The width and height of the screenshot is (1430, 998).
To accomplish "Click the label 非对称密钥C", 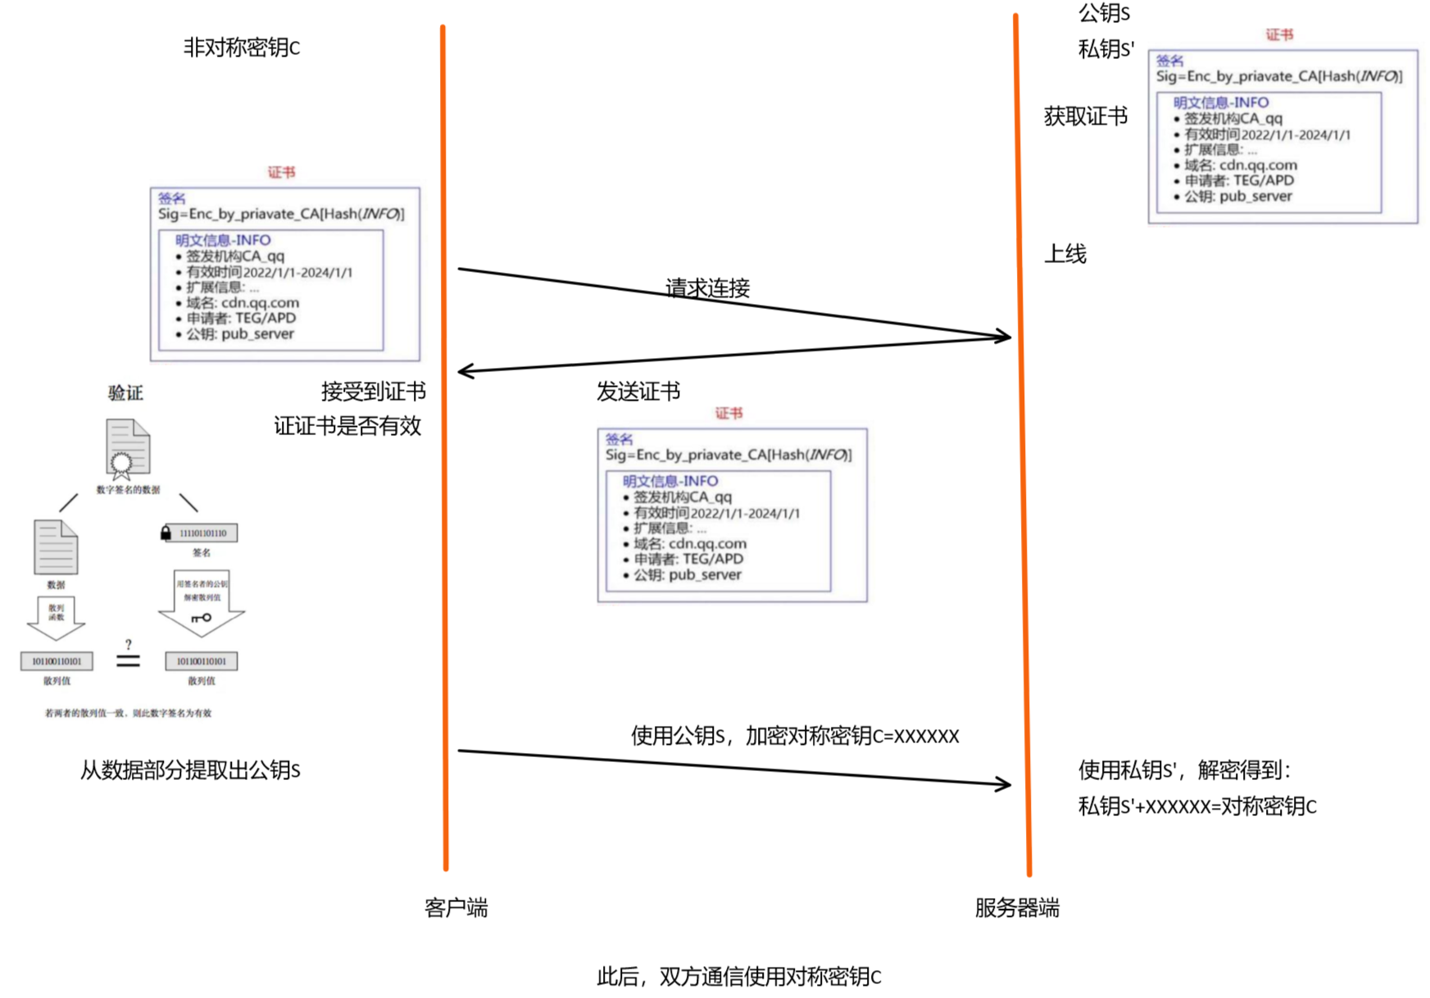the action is pyautogui.click(x=242, y=48).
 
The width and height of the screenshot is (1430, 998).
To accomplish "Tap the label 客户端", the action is pyautogui.click(x=456, y=908).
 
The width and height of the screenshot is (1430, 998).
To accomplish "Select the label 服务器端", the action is pyautogui.click(x=1016, y=908).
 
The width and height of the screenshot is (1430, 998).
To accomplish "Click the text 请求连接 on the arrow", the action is pyautogui.click(x=707, y=288).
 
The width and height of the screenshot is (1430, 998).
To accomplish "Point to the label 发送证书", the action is pyautogui.click(x=638, y=392).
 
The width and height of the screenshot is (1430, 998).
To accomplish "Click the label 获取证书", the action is pyautogui.click(x=1085, y=116).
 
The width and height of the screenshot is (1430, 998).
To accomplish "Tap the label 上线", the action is pyautogui.click(x=1065, y=254).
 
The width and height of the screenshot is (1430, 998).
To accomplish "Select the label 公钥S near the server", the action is pyautogui.click(x=1104, y=13).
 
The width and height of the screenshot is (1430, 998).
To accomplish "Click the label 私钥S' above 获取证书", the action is pyautogui.click(x=1105, y=49).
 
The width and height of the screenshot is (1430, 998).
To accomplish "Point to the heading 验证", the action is pyautogui.click(x=125, y=393).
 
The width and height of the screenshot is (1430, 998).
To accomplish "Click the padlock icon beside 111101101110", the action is pyautogui.click(x=166, y=533).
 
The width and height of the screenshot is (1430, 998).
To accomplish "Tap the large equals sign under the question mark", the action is pyautogui.click(x=128, y=660).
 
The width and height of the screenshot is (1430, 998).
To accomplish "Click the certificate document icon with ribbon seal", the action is pyautogui.click(x=127, y=448).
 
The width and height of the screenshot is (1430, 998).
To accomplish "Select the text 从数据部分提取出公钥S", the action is pyautogui.click(x=190, y=770).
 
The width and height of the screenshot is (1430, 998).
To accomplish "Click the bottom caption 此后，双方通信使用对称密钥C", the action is pyautogui.click(x=738, y=977).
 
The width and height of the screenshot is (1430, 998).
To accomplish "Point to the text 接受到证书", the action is pyautogui.click(x=373, y=392).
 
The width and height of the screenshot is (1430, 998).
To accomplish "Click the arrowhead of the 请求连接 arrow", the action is pyautogui.click(x=1005, y=336).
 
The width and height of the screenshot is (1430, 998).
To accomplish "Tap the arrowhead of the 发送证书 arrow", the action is pyautogui.click(x=465, y=372).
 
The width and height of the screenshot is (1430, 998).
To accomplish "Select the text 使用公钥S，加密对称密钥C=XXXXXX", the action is pyautogui.click(x=794, y=736).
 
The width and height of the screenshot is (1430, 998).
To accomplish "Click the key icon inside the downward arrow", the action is pyautogui.click(x=202, y=618).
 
